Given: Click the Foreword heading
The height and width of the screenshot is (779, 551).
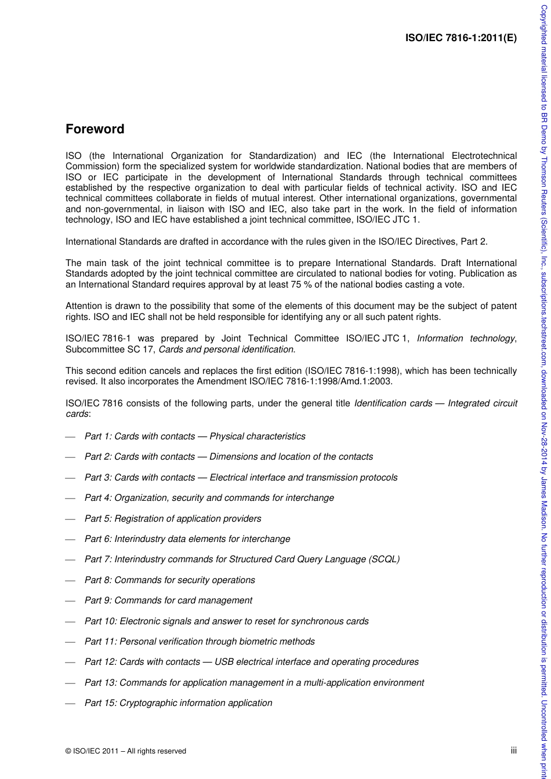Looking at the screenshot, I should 95,129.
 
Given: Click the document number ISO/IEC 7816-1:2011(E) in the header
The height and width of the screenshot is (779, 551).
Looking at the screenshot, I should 461,38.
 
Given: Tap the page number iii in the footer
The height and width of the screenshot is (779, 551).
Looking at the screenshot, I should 513,750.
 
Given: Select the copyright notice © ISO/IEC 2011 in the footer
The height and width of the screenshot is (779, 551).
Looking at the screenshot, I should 126,751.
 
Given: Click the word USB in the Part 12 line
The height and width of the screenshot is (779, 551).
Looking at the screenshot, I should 224,661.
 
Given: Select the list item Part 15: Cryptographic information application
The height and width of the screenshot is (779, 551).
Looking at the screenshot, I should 178,702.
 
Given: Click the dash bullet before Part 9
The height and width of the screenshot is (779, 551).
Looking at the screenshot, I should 70,600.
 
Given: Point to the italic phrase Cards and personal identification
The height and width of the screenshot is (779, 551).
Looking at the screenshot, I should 226,349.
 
